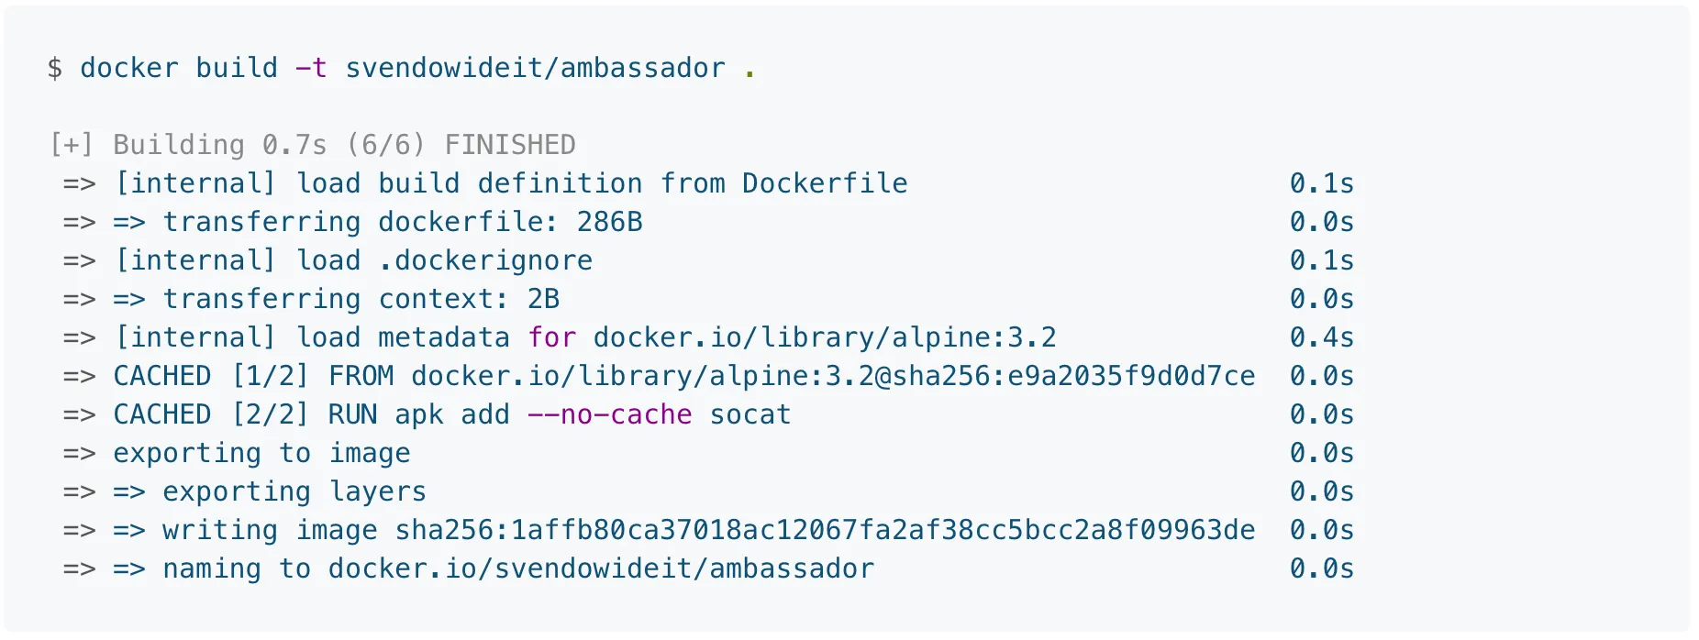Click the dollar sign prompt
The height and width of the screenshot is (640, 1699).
(55, 69)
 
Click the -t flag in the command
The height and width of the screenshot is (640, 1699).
(311, 69)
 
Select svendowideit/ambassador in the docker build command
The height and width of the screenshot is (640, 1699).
(535, 69)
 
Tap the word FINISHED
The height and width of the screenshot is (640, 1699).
(510, 145)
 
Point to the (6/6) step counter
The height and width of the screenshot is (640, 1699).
(386, 145)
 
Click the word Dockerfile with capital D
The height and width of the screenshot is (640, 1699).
(825, 183)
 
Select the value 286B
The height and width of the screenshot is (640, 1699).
(609, 222)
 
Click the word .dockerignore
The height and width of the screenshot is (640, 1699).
(485, 260)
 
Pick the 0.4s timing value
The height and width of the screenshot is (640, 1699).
(1321, 337)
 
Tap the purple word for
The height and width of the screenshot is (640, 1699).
(551, 337)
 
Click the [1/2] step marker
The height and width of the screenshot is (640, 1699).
(270, 376)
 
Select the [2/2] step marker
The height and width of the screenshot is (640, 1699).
(270, 414)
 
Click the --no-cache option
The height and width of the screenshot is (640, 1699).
(609, 414)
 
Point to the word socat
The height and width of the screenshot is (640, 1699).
(750, 414)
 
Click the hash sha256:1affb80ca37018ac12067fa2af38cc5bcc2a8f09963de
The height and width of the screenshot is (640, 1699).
(825, 530)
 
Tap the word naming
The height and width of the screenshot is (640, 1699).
(212, 568)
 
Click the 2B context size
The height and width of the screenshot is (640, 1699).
(543, 299)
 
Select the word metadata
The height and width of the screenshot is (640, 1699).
(444, 337)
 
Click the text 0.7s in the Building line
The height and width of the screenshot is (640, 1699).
(294, 145)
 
